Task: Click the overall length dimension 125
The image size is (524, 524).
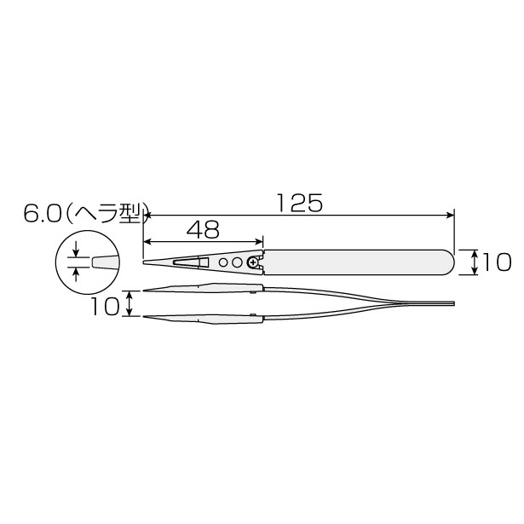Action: tap(298, 203)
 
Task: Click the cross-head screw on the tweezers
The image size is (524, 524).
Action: tap(253, 263)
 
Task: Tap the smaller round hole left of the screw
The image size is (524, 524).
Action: tap(223, 263)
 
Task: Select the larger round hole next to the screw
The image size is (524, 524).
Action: tap(237, 263)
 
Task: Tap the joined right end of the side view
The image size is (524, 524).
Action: tap(452, 304)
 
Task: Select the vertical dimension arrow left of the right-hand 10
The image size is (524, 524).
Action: tap(474, 262)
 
